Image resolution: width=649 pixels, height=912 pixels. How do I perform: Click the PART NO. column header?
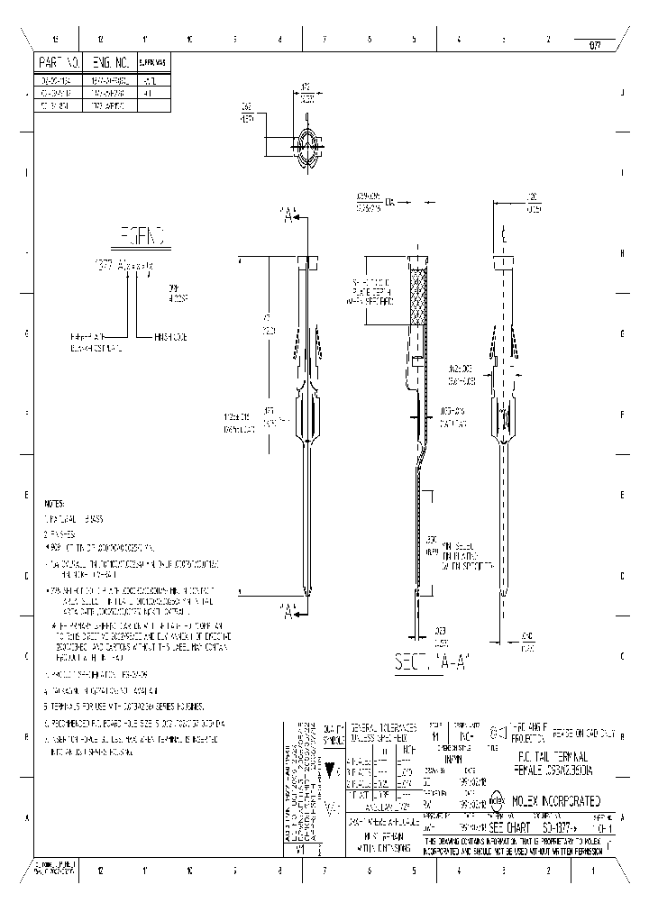[x=60, y=63]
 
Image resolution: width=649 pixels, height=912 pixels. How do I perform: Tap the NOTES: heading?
[x=55, y=505]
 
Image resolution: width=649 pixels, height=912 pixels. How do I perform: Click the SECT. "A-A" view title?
[x=429, y=662]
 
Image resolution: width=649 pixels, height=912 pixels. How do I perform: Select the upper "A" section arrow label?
[x=288, y=216]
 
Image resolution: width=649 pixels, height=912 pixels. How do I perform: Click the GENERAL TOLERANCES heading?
[x=383, y=726]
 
